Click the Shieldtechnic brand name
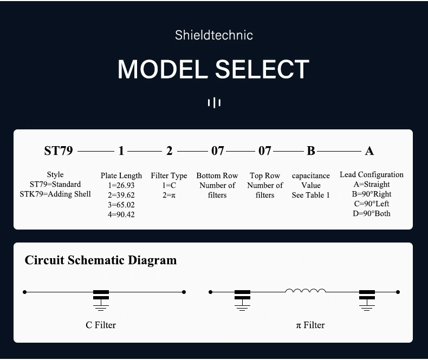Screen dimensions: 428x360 tap(214, 35)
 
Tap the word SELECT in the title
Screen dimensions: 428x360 tap(262, 69)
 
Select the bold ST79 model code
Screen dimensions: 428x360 tap(59, 150)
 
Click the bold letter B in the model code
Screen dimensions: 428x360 tap(311, 150)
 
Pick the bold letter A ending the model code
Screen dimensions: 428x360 tap(369, 151)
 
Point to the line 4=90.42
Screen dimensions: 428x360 tap(121, 214)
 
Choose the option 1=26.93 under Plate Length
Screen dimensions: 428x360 tap(121, 185)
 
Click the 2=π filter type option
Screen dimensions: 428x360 tap(169, 195)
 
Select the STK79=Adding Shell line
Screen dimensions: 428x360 tap(55, 194)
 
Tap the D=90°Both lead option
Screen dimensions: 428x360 tap(372, 213)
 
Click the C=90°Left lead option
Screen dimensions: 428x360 tap(372, 204)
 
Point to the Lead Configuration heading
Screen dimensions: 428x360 tap(372, 174)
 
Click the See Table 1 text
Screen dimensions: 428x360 tap(310, 195)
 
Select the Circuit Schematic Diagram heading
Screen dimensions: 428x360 tap(101, 260)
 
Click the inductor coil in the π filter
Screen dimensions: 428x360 tap(306, 291)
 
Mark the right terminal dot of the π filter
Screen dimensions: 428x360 tap(398, 292)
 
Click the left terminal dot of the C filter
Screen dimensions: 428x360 tap(24, 292)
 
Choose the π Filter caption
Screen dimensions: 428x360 tap(310, 325)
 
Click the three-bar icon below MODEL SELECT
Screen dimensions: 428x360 tap(214, 103)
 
